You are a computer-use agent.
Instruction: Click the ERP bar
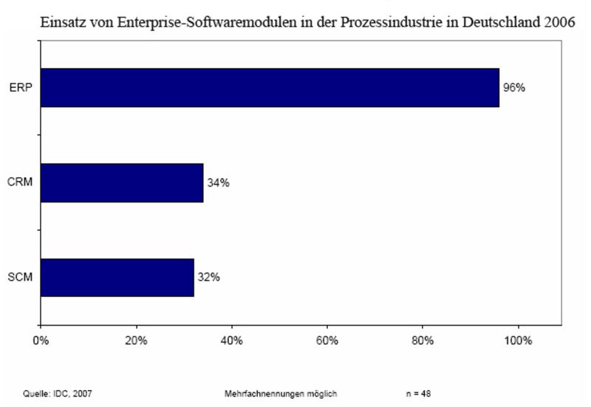click(x=270, y=88)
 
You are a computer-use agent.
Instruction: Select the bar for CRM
click(x=122, y=182)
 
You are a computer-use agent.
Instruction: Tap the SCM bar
click(x=117, y=277)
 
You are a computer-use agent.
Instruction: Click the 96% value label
click(x=514, y=88)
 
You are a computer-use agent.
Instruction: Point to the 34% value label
click(x=218, y=182)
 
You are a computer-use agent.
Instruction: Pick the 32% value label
click(x=209, y=277)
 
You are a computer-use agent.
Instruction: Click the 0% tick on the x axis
click(x=41, y=341)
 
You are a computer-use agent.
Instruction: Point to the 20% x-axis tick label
click(x=136, y=341)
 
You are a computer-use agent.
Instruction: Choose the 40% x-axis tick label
click(x=231, y=341)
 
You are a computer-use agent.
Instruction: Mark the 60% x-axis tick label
click(x=327, y=341)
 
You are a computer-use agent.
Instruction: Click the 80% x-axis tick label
click(x=422, y=341)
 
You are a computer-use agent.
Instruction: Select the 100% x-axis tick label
click(x=518, y=341)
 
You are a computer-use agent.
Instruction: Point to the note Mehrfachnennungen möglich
click(x=281, y=393)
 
